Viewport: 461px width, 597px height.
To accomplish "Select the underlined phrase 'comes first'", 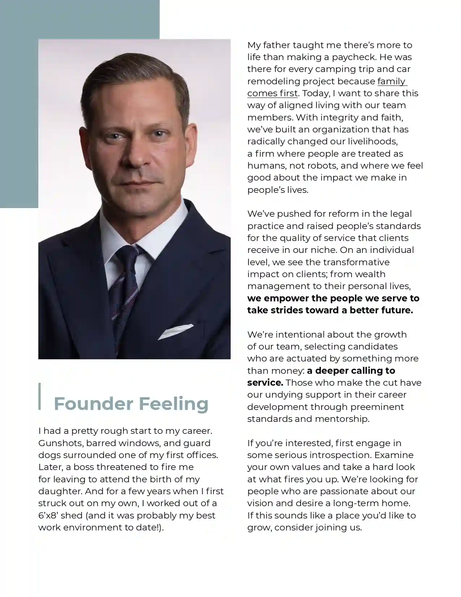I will coord(272,93).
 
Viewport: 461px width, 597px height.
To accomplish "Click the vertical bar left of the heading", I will coord(40,396).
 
